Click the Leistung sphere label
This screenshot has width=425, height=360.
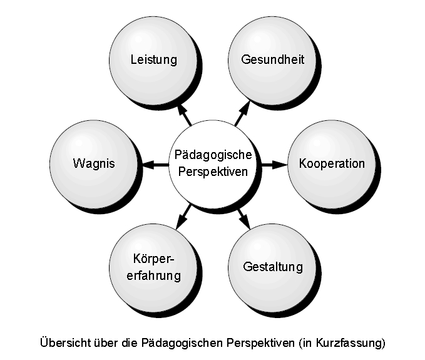[x=153, y=60]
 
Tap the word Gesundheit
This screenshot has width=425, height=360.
[x=273, y=60]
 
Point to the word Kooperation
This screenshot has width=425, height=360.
[x=332, y=164]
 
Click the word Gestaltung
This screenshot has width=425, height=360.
[x=273, y=267]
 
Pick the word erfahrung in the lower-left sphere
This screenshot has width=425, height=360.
[x=153, y=275]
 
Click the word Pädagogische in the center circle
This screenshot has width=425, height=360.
[x=213, y=155]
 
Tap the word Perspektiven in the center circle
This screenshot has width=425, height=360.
[x=213, y=172]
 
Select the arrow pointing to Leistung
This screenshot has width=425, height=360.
[x=185, y=115]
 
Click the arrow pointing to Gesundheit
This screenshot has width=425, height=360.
[x=242, y=115]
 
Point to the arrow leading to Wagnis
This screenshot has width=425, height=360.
[x=156, y=165]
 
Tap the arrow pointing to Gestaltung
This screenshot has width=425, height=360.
[x=243, y=217]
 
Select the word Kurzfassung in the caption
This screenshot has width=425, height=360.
[x=353, y=343]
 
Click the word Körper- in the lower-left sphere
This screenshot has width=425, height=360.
[x=153, y=259]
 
